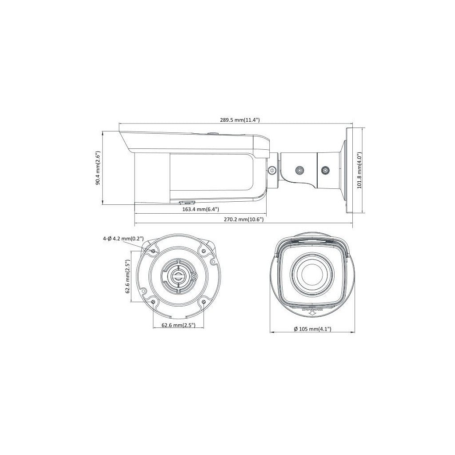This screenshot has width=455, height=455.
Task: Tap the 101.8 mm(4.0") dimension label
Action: pos(360,171)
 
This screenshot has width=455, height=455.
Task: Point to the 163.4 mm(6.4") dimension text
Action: pos(200,209)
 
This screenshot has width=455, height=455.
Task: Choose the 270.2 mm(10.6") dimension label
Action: pos(243,220)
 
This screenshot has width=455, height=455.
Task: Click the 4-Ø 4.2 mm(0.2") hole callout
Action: pos(123,239)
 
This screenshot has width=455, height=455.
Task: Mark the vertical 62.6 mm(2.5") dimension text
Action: pos(128,276)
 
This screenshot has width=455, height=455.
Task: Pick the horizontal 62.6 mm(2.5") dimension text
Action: pos(178,325)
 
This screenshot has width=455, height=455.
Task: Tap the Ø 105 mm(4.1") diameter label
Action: pos(312,329)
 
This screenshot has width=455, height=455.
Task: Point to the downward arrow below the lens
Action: pos(312,313)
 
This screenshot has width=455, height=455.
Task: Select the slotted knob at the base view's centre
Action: pos(178,276)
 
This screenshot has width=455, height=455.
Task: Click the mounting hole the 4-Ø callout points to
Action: pos(153,251)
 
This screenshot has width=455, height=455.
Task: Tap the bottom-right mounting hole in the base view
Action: pos(203,302)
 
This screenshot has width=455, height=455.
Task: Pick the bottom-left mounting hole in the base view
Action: pos(153,302)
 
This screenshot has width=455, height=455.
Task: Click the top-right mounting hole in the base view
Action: pos(203,251)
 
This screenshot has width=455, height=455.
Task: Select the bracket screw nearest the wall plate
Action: pos(326,170)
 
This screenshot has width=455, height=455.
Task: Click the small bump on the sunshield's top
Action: pos(212,132)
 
